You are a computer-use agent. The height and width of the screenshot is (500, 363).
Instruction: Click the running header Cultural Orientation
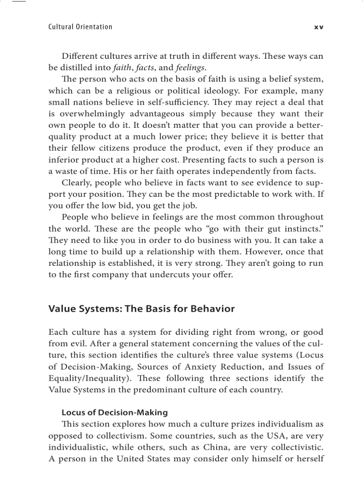coord(80,27)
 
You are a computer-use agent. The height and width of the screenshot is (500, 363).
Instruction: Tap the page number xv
coord(319,27)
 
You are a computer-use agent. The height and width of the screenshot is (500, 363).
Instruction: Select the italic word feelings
coord(190,68)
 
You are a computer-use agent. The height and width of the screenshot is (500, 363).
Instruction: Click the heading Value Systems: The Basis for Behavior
coord(141,309)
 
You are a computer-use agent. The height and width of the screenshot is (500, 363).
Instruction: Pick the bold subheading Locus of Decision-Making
coord(114,413)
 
